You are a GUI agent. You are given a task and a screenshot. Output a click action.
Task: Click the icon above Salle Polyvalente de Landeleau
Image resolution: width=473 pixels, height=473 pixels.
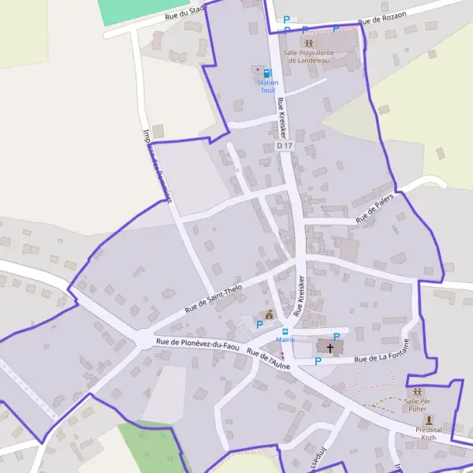click(308, 42)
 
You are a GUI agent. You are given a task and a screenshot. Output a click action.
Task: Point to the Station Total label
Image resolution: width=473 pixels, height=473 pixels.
click(268, 87)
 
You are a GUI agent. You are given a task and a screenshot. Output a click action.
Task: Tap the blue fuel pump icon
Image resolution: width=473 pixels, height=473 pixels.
click(267, 73)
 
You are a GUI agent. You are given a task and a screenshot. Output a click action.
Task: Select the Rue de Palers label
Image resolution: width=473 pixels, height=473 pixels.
click(374, 207)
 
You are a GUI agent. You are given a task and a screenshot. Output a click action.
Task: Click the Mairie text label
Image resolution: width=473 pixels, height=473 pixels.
click(285, 340)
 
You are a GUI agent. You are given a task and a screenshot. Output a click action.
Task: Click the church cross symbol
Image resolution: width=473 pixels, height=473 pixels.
click(330, 347)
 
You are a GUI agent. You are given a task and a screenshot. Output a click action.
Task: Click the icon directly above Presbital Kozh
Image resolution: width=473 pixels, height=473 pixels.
click(429, 420)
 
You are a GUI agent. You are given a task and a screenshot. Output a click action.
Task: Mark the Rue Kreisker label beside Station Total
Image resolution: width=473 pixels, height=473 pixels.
click(281, 115)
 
